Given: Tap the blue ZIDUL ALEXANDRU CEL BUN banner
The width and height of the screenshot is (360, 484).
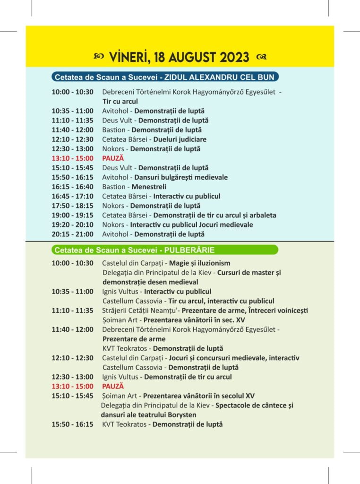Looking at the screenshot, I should click(x=165, y=77).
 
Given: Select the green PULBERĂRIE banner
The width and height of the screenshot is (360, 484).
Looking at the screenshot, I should click(x=165, y=250).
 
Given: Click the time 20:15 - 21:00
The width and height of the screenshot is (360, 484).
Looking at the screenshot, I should click(x=72, y=234).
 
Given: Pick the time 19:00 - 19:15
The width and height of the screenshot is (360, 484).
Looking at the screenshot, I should click(x=72, y=215).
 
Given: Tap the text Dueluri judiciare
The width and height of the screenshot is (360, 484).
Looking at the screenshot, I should click(x=180, y=139).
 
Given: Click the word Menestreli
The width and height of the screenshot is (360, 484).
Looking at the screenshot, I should click(x=149, y=187).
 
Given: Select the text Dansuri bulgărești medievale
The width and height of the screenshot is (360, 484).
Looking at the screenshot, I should click(x=183, y=177).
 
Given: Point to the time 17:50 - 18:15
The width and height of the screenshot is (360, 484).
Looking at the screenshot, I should click(x=72, y=206).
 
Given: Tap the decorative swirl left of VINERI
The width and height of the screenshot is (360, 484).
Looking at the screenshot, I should click(x=98, y=57).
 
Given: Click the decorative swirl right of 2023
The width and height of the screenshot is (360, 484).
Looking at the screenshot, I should click(x=261, y=57).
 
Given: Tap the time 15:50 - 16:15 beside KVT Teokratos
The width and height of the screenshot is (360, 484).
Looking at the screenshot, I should click(x=72, y=424).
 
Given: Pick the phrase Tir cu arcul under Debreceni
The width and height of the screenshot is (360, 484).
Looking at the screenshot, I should click(x=120, y=101).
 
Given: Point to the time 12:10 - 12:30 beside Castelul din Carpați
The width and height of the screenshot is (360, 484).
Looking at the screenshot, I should click(x=72, y=358).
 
